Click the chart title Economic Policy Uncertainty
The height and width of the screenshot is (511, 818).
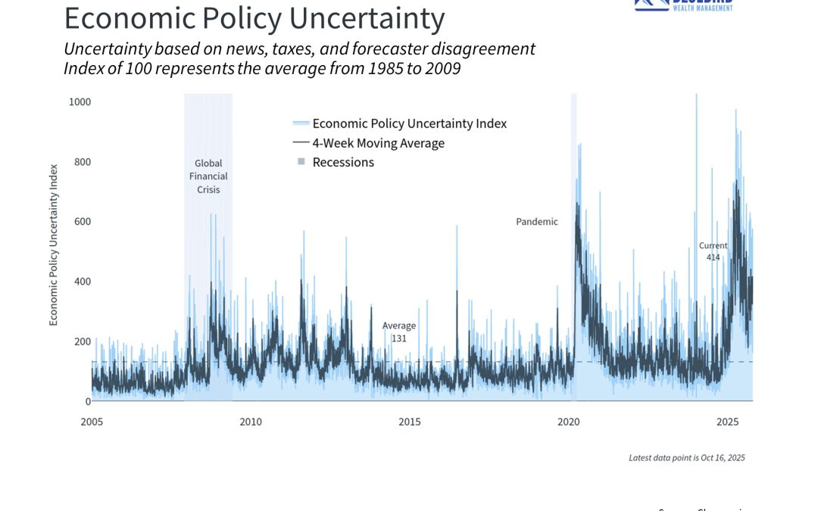[x=254, y=18]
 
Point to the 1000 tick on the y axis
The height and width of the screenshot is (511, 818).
[x=80, y=101]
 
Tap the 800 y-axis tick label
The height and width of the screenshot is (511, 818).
[x=82, y=161]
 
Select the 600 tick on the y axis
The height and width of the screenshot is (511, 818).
[x=82, y=221]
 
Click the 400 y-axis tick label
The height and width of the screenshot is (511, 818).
[x=82, y=281]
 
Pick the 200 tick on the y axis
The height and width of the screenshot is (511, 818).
[x=82, y=341]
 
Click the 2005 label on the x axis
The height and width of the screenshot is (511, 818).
[x=92, y=422]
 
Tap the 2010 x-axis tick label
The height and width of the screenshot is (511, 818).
[x=251, y=422]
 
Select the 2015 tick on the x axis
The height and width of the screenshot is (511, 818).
[x=410, y=422]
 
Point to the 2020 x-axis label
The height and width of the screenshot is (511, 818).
[x=569, y=422]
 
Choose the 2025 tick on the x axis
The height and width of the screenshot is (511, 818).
[x=728, y=422]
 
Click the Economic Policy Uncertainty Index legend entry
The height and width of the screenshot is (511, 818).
[x=409, y=123]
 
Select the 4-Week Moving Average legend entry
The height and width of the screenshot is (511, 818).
[x=378, y=143]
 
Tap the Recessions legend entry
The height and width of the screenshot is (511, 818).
[x=343, y=162]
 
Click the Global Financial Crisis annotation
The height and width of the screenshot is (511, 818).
[x=208, y=176]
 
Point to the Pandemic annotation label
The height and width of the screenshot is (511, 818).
[x=537, y=222]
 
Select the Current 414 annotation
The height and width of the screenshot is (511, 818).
[x=713, y=251]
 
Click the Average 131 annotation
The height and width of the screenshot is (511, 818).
[x=399, y=332]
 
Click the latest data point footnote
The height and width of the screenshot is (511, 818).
[x=687, y=457]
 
